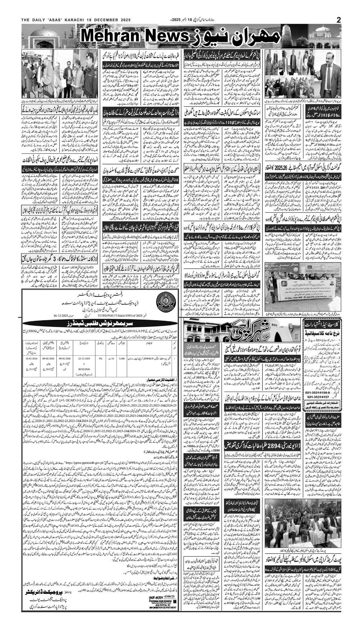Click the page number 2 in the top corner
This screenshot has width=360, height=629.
338,20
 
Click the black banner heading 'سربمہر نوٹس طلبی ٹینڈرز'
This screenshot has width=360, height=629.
99,322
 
